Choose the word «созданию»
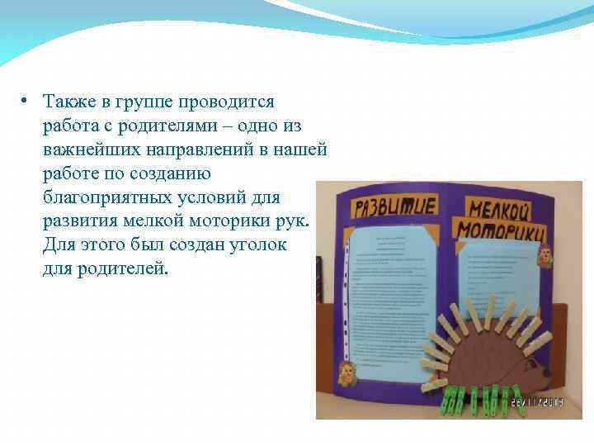[x=172, y=174]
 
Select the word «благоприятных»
[x=109, y=198]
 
